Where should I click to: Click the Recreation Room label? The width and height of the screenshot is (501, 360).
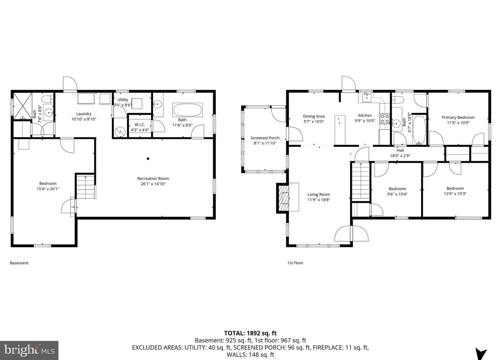(153, 178)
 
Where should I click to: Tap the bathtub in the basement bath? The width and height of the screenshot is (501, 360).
(188, 110)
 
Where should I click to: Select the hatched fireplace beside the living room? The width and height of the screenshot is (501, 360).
(283, 198)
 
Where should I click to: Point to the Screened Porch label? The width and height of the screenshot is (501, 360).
(265, 138)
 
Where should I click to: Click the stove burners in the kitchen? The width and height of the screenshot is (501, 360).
(385, 119)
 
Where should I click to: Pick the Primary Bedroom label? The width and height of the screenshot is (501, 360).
(458, 118)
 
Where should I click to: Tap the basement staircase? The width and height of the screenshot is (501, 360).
(86, 187)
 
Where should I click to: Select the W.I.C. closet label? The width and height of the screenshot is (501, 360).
(140, 125)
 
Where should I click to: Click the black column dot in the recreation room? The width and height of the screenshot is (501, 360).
(148, 159)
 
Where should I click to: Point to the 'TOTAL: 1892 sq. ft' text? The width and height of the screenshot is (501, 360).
(250, 333)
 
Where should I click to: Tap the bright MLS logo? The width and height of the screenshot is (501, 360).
(29, 350)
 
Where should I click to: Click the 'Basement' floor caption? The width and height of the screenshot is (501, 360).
(19, 263)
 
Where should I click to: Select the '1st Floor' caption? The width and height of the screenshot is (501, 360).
(295, 263)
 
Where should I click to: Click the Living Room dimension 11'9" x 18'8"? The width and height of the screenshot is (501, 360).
(318, 200)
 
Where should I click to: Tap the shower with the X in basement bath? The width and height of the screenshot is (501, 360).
(23, 106)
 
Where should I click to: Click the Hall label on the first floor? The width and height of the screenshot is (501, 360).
(400, 151)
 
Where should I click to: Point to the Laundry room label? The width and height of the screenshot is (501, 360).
(83, 114)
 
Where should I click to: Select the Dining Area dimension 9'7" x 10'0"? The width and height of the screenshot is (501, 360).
(313, 122)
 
